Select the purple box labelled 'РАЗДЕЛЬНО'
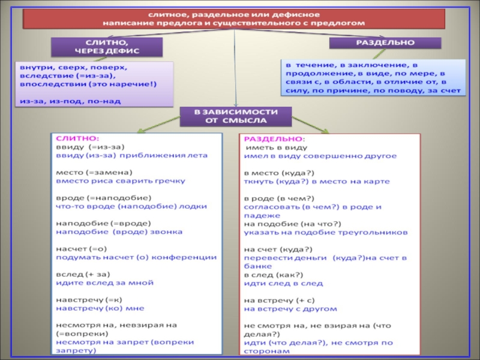385,44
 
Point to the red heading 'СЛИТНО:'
71,138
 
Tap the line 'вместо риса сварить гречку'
121,180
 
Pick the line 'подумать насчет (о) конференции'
136,256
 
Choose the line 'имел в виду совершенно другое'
320,155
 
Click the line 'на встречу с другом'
290,309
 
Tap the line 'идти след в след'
283,283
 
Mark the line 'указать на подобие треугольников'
326,232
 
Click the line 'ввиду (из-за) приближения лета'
131,155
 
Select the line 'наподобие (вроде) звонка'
119,231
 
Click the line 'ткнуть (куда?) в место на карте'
317,181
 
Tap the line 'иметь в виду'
277,146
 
